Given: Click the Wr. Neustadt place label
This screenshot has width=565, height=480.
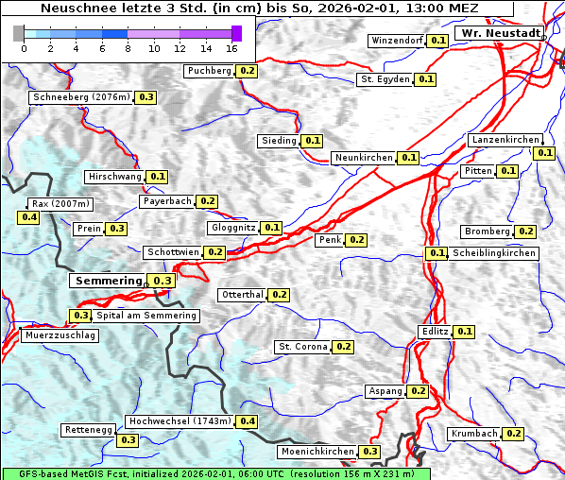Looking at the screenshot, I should point(499,33).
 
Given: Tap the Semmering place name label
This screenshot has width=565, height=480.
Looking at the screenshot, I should point(108,281).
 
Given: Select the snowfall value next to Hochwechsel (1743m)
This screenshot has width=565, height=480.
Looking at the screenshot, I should point(248,421).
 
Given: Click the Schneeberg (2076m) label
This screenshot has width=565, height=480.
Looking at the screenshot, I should point(80,97).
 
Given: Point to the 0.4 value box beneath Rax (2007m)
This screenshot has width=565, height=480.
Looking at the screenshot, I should point(29,217).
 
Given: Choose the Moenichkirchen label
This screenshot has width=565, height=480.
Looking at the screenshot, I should point(317,453).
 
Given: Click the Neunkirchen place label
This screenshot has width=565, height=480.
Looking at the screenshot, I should point(364,158).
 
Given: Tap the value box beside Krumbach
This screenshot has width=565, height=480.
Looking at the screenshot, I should point(513,434).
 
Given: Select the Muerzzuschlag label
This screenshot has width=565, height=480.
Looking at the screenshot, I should point(59,335).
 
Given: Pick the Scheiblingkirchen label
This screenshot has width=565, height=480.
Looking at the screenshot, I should point(493,253).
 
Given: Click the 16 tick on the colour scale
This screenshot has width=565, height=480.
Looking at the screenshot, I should point(231,48).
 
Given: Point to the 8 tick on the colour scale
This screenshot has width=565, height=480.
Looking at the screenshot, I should point(128,48).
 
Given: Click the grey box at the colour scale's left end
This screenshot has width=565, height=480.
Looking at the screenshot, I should point(19,33).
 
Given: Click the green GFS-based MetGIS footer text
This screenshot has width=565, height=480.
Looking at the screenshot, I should point(215,473).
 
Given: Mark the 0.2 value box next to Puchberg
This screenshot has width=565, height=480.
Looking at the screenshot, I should point(248,71).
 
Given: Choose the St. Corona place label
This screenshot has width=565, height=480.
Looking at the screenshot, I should point(302,347).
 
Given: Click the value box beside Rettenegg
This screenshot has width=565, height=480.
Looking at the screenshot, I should point(128,440).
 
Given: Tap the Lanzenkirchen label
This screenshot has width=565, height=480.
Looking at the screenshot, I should point(505,140).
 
